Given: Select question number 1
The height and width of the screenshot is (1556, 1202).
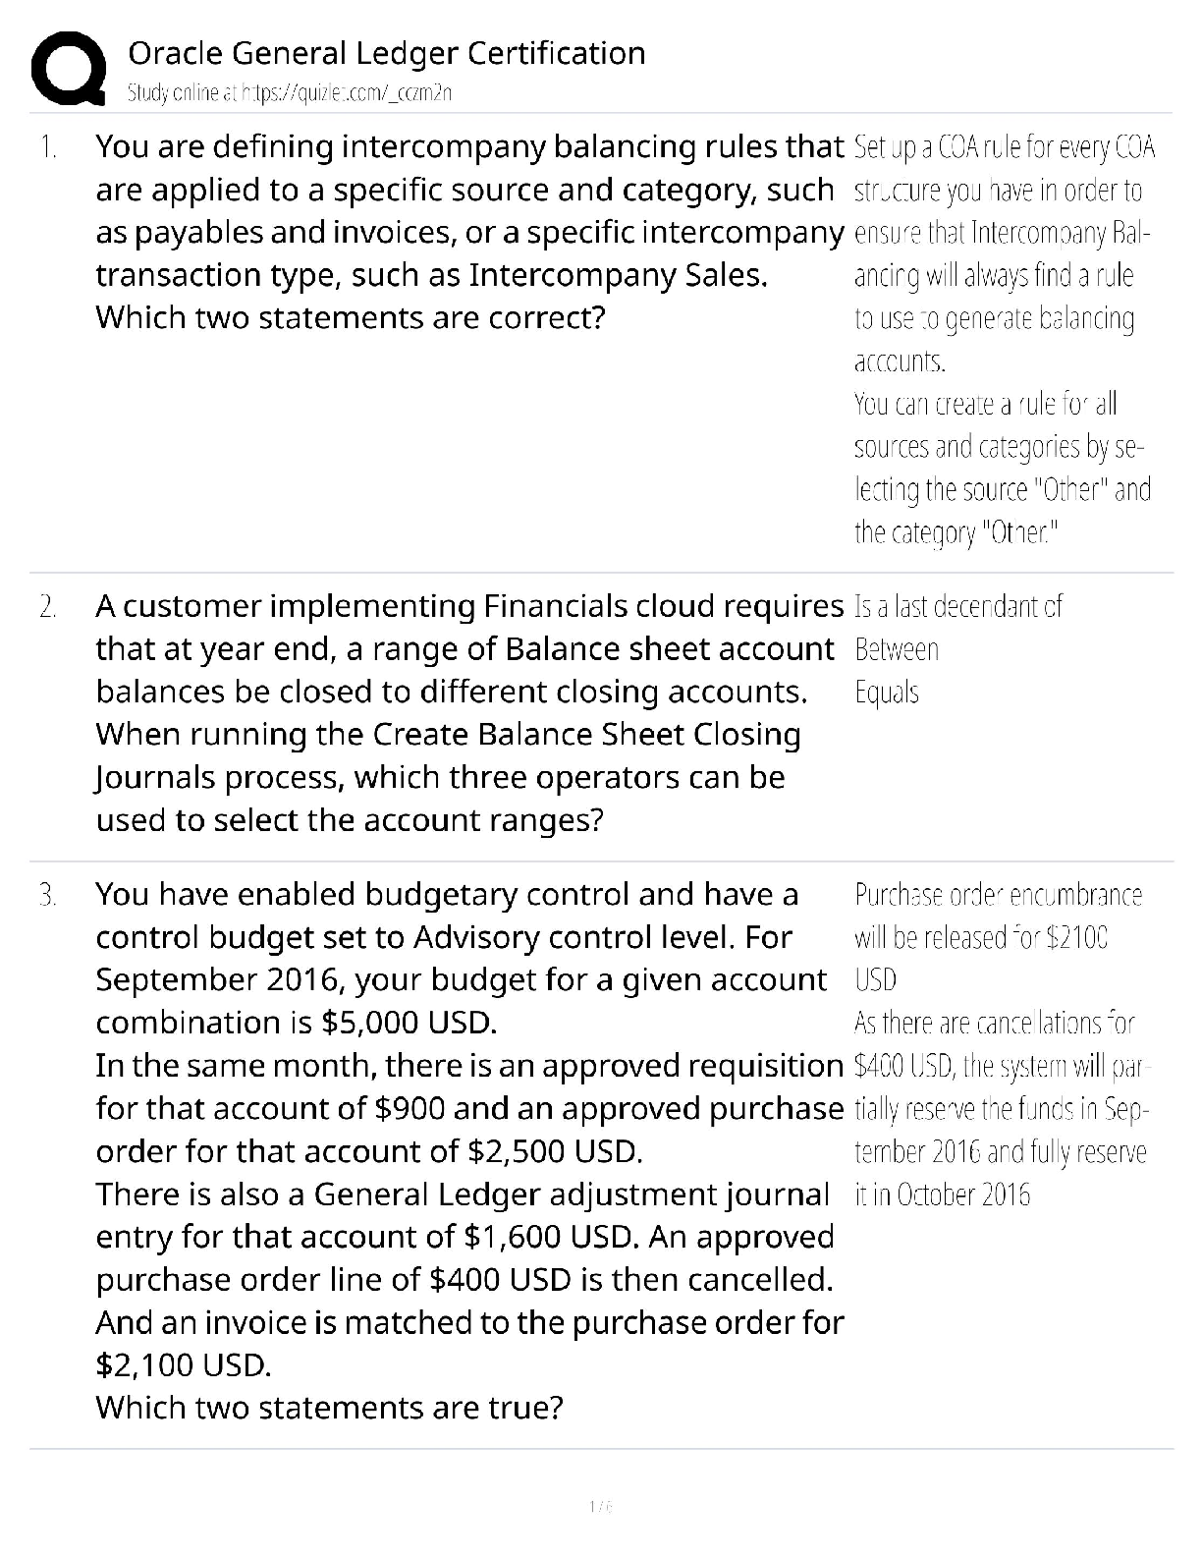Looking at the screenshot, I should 48,147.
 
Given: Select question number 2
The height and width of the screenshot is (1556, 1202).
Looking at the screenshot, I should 48,607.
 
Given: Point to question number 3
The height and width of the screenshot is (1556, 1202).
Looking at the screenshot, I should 48,895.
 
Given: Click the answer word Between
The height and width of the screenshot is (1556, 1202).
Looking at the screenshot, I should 897,649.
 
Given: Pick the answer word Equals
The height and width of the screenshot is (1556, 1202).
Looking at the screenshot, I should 887,693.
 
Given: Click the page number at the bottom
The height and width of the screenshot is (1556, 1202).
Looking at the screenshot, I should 600,1506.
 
